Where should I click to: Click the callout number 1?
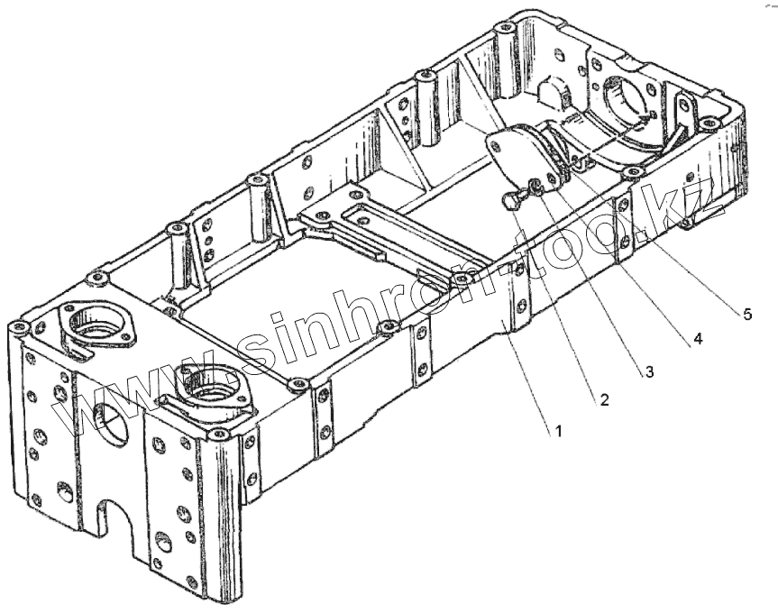(558, 432)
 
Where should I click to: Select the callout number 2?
(604, 400)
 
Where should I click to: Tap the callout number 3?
(648, 371)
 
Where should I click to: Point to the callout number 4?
(696, 341)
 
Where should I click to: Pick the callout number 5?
(746, 313)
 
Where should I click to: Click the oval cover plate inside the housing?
(515, 155)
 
